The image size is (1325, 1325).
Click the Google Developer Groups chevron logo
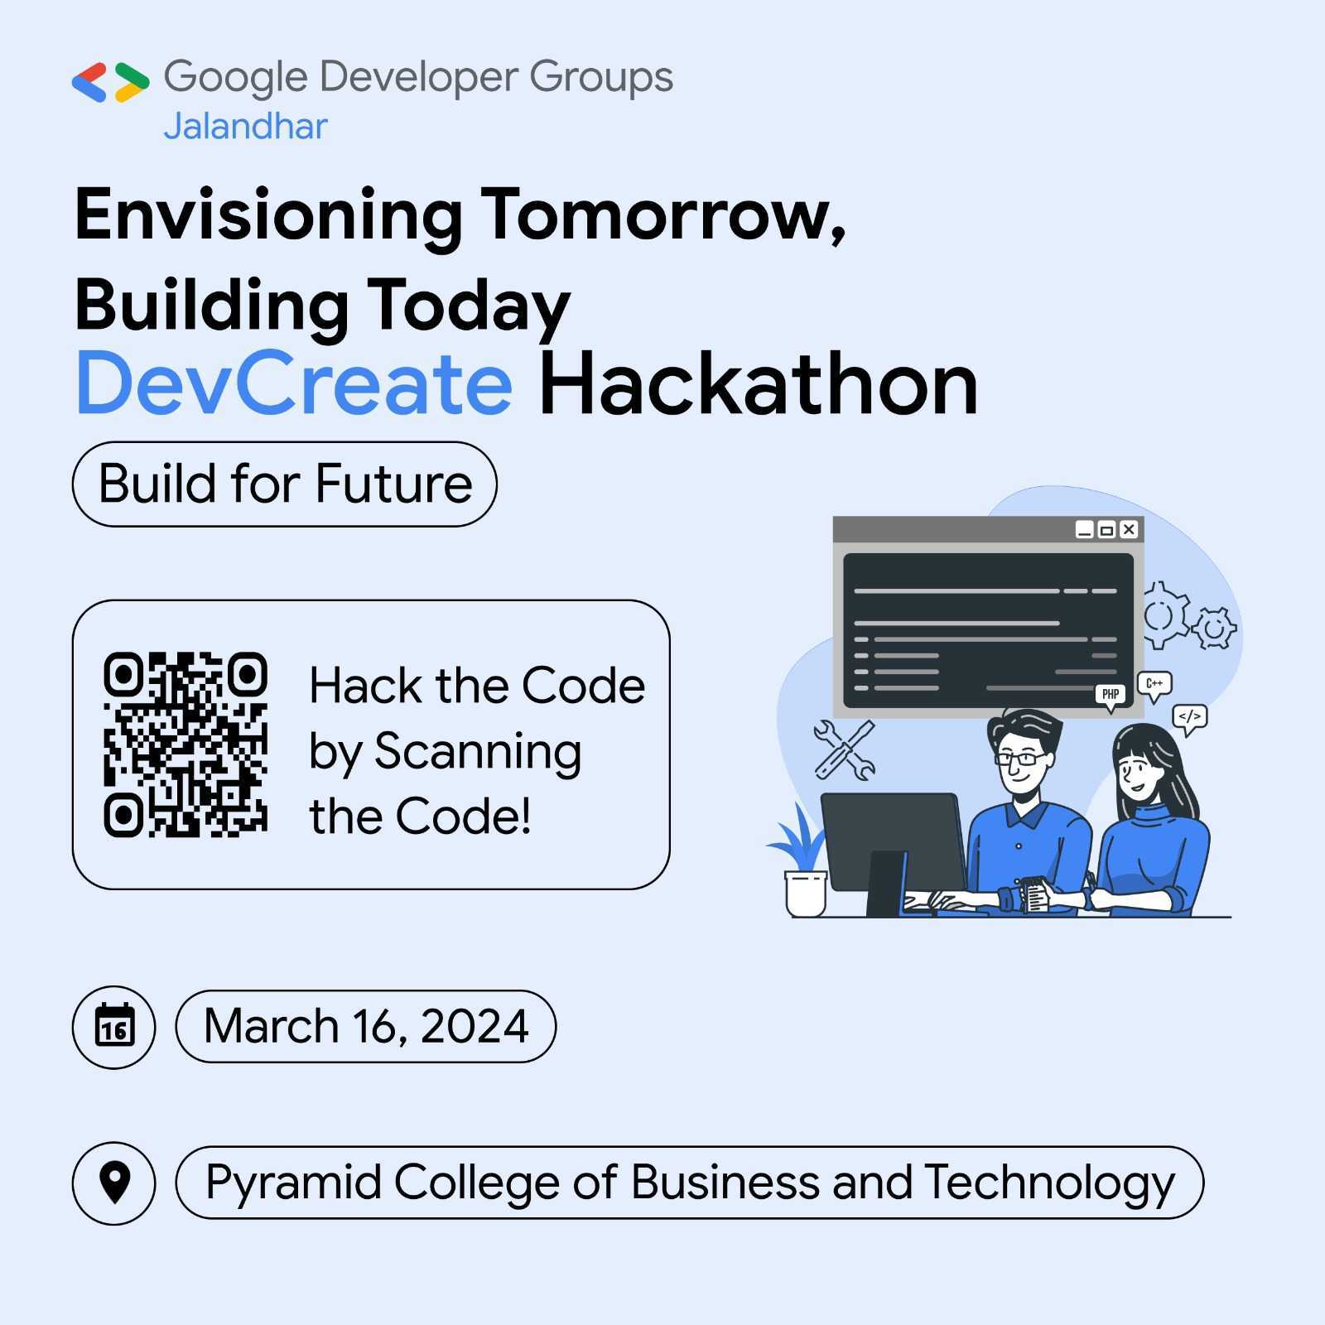[110, 82]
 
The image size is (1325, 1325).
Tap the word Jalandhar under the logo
[245, 127]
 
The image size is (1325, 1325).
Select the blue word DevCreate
[294, 384]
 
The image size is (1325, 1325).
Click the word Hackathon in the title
[758, 384]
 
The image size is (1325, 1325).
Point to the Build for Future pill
[285, 484]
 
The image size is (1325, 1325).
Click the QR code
[185, 744]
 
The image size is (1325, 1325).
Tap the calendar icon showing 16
[114, 1027]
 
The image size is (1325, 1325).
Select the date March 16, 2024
[365, 1027]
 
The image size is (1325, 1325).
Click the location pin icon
[114, 1183]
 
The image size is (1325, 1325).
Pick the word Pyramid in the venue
[293, 1183]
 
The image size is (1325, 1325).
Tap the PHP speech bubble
[1111, 694]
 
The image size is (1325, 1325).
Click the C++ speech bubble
[1154, 684]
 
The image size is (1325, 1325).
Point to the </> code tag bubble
[1190, 717]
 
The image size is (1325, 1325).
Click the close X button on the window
[1129, 529]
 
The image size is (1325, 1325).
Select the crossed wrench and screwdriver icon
[844, 750]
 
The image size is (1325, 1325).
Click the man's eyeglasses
[1020, 758]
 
